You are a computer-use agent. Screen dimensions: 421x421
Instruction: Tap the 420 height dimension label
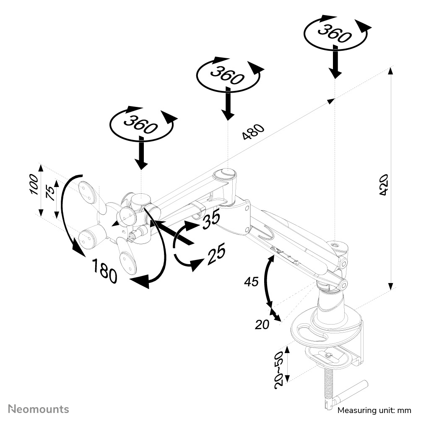point(383,185)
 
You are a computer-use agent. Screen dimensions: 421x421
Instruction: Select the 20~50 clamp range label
point(279,368)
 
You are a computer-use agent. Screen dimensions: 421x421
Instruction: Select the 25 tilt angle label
point(216,254)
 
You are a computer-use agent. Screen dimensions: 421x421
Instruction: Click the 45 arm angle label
point(252,281)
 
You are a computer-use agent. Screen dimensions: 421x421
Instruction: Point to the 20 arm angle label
point(262,324)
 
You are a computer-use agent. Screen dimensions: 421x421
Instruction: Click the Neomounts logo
point(39,408)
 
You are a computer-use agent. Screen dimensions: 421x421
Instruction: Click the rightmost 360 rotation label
point(334,34)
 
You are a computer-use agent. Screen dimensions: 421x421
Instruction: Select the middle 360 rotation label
point(227,75)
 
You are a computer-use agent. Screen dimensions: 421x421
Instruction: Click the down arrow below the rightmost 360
point(335,63)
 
